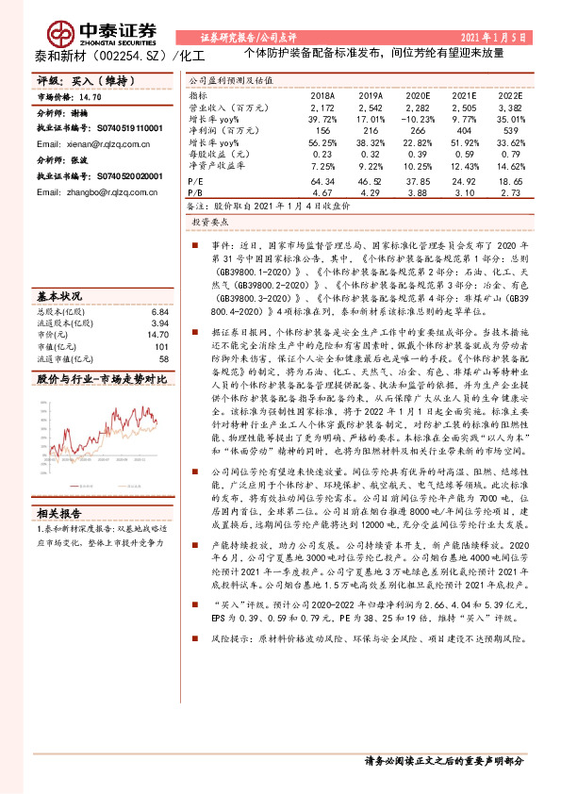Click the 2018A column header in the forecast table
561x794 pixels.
pyautogui.click(x=322, y=95)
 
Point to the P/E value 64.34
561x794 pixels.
pyautogui.click(x=322, y=178)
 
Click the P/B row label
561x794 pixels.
pyautogui.click(x=196, y=190)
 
